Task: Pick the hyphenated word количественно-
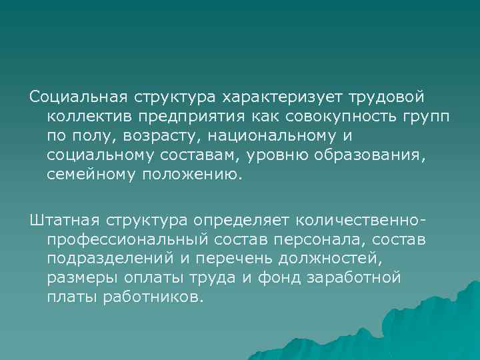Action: (x=351, y=219)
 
